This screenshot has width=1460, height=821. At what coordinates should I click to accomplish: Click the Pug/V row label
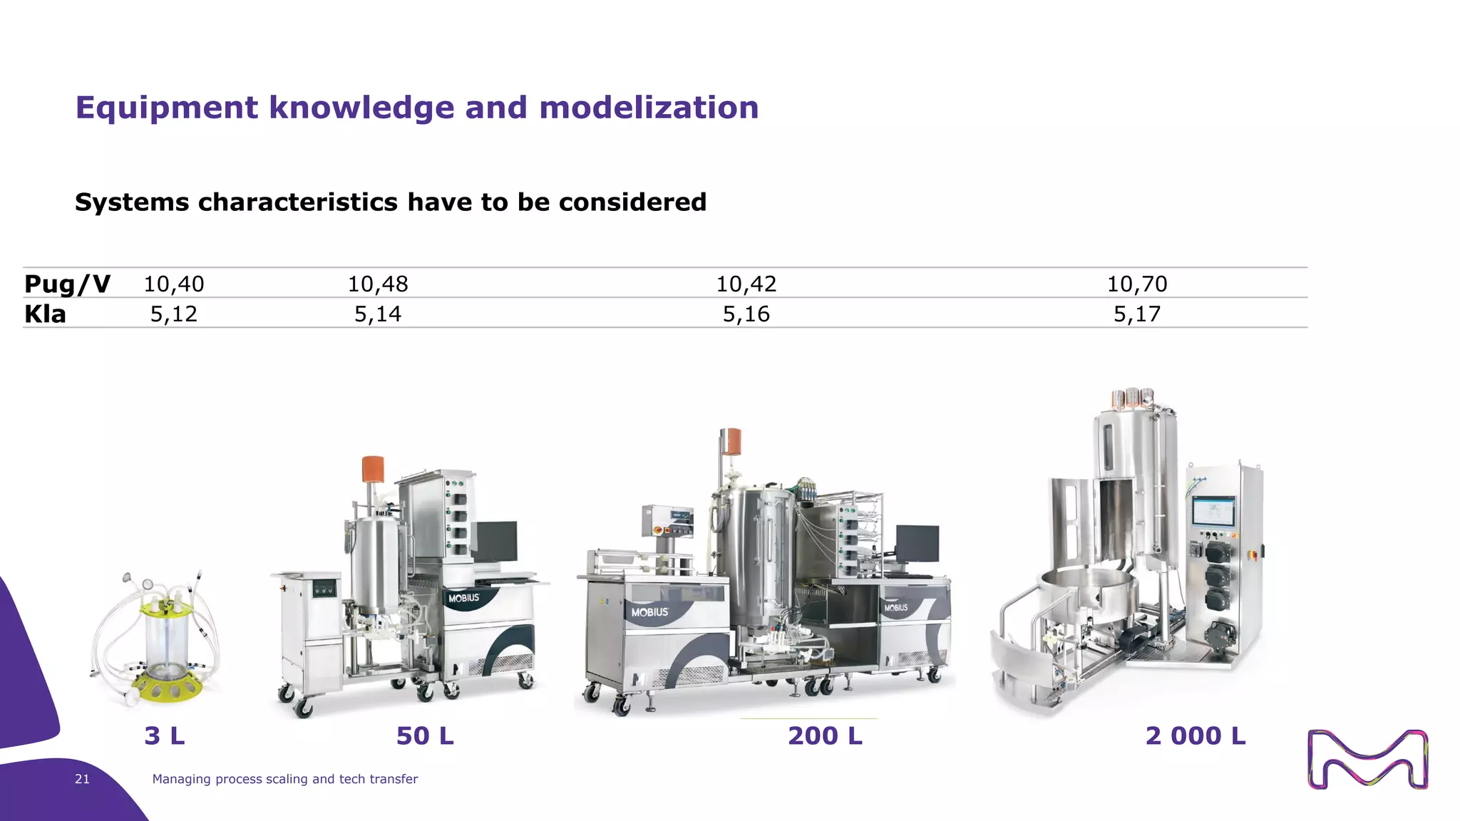pos(67,284)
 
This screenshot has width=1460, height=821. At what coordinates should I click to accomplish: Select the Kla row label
pos(45,314)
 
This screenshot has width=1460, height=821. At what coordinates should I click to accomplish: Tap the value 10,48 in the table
pos(378,284)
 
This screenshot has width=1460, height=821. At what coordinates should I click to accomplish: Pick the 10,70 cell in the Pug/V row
pos(1137,284)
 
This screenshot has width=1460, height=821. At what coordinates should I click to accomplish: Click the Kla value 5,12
pos(174,314)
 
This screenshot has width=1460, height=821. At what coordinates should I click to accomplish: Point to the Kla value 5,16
pos(746,314)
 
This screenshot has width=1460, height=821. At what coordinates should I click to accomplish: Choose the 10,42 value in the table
pos(746,284)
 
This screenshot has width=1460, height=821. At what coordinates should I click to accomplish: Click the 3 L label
pos(165,735)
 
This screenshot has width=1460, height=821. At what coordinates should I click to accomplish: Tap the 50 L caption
pos(425,735)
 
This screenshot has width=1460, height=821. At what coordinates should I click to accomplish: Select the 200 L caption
pos(825,735)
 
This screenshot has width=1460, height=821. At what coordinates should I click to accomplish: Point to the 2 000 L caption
pos(1196,735)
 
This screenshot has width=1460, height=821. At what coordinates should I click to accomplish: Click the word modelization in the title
pos(649,108)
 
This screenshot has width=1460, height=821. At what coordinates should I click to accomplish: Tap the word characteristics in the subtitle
pos(297,202)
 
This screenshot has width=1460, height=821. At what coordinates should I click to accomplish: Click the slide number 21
pos(82,779)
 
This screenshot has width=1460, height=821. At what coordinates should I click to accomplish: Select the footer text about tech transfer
pos(285,779)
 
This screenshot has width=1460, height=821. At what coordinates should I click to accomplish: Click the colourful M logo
pos(1367,759)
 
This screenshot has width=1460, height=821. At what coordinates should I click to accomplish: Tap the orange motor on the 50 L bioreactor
pos(373,469)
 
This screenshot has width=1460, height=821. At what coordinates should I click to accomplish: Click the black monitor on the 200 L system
pos(917,543)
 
